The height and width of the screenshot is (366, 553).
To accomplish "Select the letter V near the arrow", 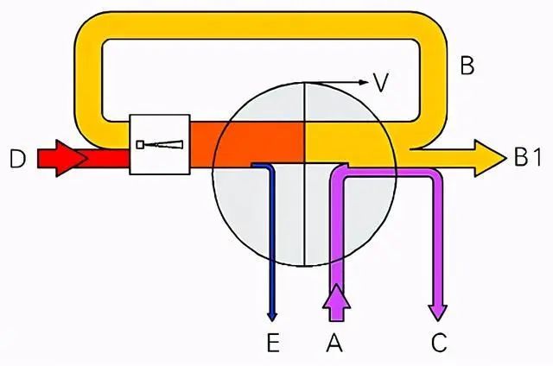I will (x=380, y=83).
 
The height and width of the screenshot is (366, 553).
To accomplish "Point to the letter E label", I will (x=273, y=344).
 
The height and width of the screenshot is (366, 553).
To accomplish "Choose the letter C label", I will (x=438, y=344).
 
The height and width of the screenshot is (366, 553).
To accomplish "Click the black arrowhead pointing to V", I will (x=360, y=83).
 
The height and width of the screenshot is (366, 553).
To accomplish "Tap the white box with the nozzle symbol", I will (x=159, y=144).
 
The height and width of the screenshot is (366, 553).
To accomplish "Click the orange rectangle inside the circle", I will (x=259, y=142).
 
